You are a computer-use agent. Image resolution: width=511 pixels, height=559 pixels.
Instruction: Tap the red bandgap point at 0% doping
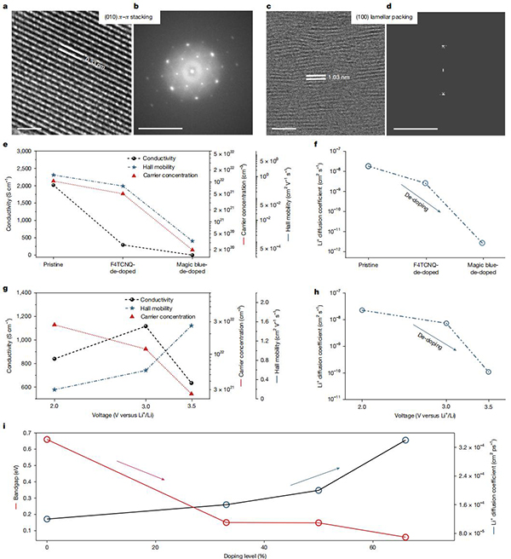pyautogui.click(x=48, y=439)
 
